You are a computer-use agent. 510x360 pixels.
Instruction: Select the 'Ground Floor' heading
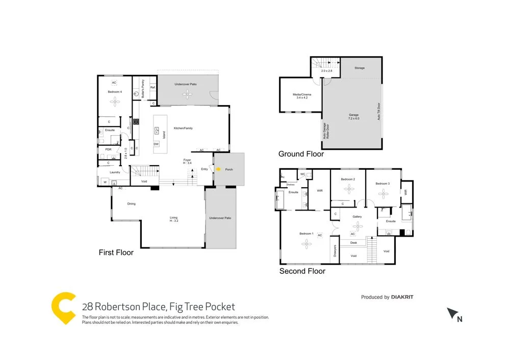pyautogui.click(x=301, y=154)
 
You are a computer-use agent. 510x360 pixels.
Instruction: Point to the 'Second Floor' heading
pyautogui.click(x=302, y=271)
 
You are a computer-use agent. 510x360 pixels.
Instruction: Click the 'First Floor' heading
pyautogui.click(x=116, y=252)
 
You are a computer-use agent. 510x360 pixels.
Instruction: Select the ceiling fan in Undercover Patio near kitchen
pyautogui.click(x=189, y=93)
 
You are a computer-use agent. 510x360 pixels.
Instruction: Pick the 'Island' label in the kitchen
pyautogui.click(x=164, y=135)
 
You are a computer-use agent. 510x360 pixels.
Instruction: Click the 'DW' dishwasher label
pyautogui.click(x=156, y=144)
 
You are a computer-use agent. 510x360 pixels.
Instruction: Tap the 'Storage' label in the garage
pyautogui.click(x=360, y=68)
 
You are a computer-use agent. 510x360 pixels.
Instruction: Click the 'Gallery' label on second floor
pyautogui.click(x=357, y=217)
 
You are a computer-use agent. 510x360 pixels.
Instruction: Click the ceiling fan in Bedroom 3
pyautogui.click(x=383, y=193)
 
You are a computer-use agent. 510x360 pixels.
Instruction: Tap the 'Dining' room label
pyautogui.click(x=131, y=204)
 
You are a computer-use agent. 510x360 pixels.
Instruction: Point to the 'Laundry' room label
pyautogui.click(x=115, y=172)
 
